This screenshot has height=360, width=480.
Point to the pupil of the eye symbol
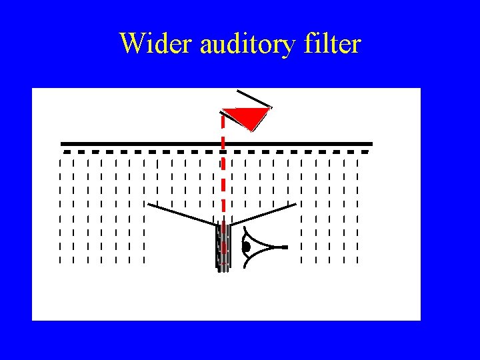tap(246, 247)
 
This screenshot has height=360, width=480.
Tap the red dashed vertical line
tap(223, 173)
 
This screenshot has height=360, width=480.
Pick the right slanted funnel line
tap(264, 214)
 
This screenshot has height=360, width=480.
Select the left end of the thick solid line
tap(63, 143)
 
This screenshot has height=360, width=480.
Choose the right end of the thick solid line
tap(371, 143)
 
